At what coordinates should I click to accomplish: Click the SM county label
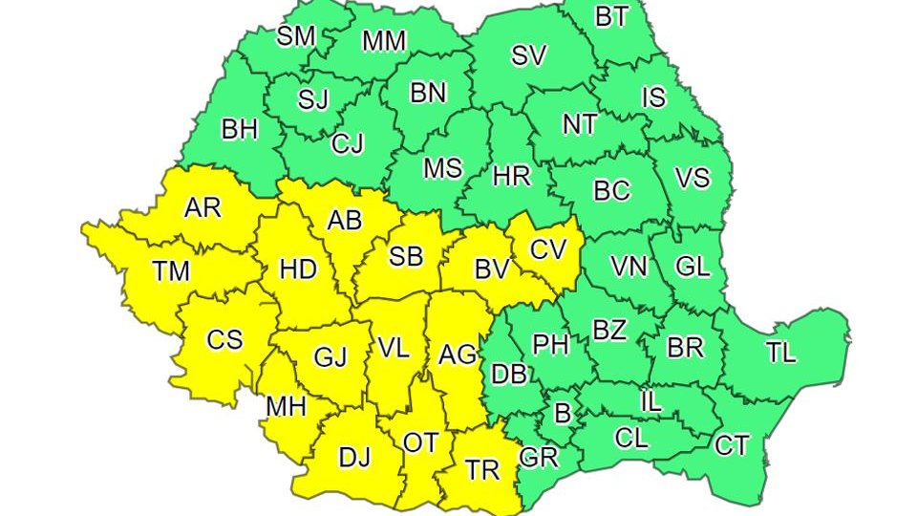[x=296, y=36]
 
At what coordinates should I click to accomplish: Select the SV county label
[x=528, y=55]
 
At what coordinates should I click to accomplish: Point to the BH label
[x=239, y=129]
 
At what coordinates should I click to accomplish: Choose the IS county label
[x=653, y=97]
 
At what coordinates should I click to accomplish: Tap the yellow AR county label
[x=203, y=207]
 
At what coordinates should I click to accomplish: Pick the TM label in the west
[x=171, y=271]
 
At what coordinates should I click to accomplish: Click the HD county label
[x=298, y=269]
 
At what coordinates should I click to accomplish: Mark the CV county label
[x=549, y=249]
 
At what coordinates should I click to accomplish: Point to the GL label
[x=693, y=266]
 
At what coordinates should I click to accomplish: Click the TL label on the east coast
[x=780, y=352]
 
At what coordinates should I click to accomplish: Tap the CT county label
[x=732, y=444]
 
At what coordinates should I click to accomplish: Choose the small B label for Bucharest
[x=563, y=414]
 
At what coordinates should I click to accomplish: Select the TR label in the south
[x=482, y=469]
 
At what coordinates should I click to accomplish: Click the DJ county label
[x=354, y=457]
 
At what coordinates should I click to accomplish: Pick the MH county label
[x=286, y=406]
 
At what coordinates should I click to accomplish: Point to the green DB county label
[x=509, y=374]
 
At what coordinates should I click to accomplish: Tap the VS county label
[x=692, y=178]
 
